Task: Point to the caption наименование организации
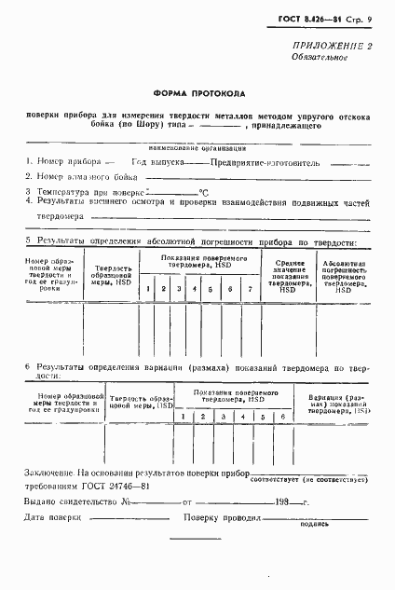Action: (196, 147)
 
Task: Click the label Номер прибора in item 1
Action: (62, 160)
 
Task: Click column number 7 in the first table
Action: (249, 290)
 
